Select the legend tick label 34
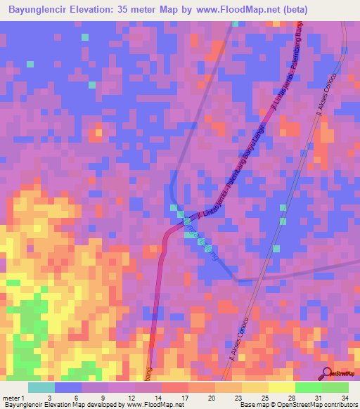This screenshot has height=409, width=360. [345, 398]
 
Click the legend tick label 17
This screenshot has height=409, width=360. [184, 398]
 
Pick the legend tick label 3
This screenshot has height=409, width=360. [50, 398]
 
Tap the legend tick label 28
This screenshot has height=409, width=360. [291, 398]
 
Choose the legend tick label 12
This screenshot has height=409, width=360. [130, 398]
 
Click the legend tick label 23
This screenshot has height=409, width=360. [238, 398]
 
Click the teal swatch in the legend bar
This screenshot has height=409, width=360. [41, 387]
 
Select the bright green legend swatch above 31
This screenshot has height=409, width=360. [308, 387]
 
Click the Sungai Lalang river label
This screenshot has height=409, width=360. [200, 242]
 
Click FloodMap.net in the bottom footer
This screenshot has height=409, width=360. [155, 405]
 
